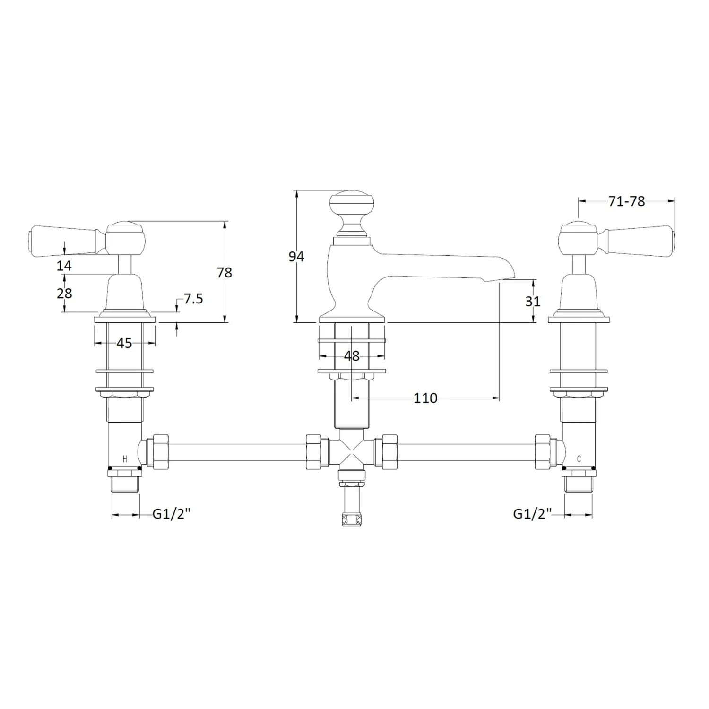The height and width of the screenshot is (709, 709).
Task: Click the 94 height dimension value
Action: coord(296,257)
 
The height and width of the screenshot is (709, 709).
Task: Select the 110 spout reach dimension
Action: coord(425,398)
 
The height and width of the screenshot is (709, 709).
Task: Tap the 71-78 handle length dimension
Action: coord(627,201)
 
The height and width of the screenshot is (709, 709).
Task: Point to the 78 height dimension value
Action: coord(225,273)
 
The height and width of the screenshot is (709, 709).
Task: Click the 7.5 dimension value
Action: coord(193,299)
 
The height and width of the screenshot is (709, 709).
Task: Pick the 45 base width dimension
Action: coord(124,343)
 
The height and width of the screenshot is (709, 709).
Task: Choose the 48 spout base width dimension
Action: coord(352,356)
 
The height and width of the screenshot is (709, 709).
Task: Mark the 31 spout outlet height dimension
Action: coord(533,301)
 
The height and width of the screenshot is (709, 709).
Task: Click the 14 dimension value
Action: coord(64,266)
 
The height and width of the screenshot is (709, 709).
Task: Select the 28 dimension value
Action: coord(64,293)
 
